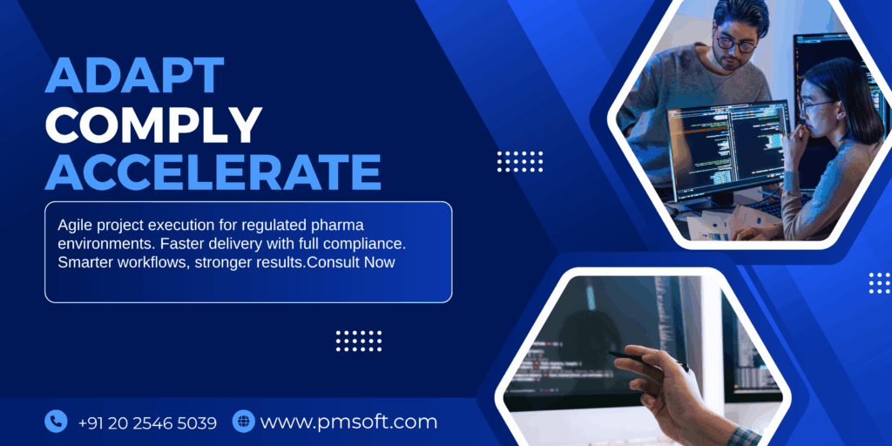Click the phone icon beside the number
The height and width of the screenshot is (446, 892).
[56, 422]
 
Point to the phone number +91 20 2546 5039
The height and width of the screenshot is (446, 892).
[147, 422]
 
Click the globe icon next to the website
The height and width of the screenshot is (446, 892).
[243, 422]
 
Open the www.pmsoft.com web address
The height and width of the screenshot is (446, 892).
[348, 422]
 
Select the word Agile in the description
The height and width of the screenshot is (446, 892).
[75, 222]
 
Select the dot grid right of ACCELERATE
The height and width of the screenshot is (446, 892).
[520, 161]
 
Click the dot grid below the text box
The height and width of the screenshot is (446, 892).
[359, 340]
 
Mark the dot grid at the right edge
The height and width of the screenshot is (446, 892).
[880, 282]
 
